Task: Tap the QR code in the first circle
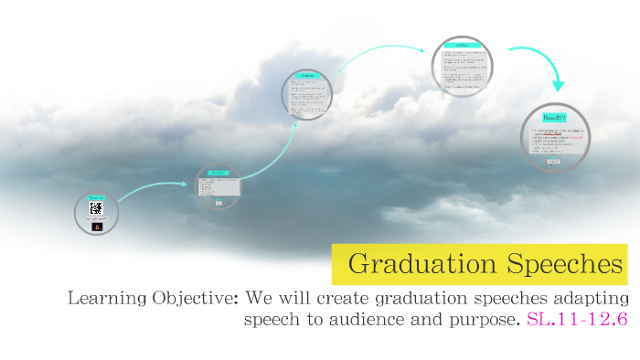click(x=97, y=208)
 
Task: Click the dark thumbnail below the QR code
click(x=97, y=226)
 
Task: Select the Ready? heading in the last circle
click(x=555, y=119)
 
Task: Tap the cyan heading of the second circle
click(x=219, y=172)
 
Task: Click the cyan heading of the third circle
click(x=307, y=75)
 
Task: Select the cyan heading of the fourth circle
click(x=462, y=45)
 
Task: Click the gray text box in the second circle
click(x=219, y=187)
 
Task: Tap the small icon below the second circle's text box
click(x=219, y=203)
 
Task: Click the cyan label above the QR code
click(x=97, y=196)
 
